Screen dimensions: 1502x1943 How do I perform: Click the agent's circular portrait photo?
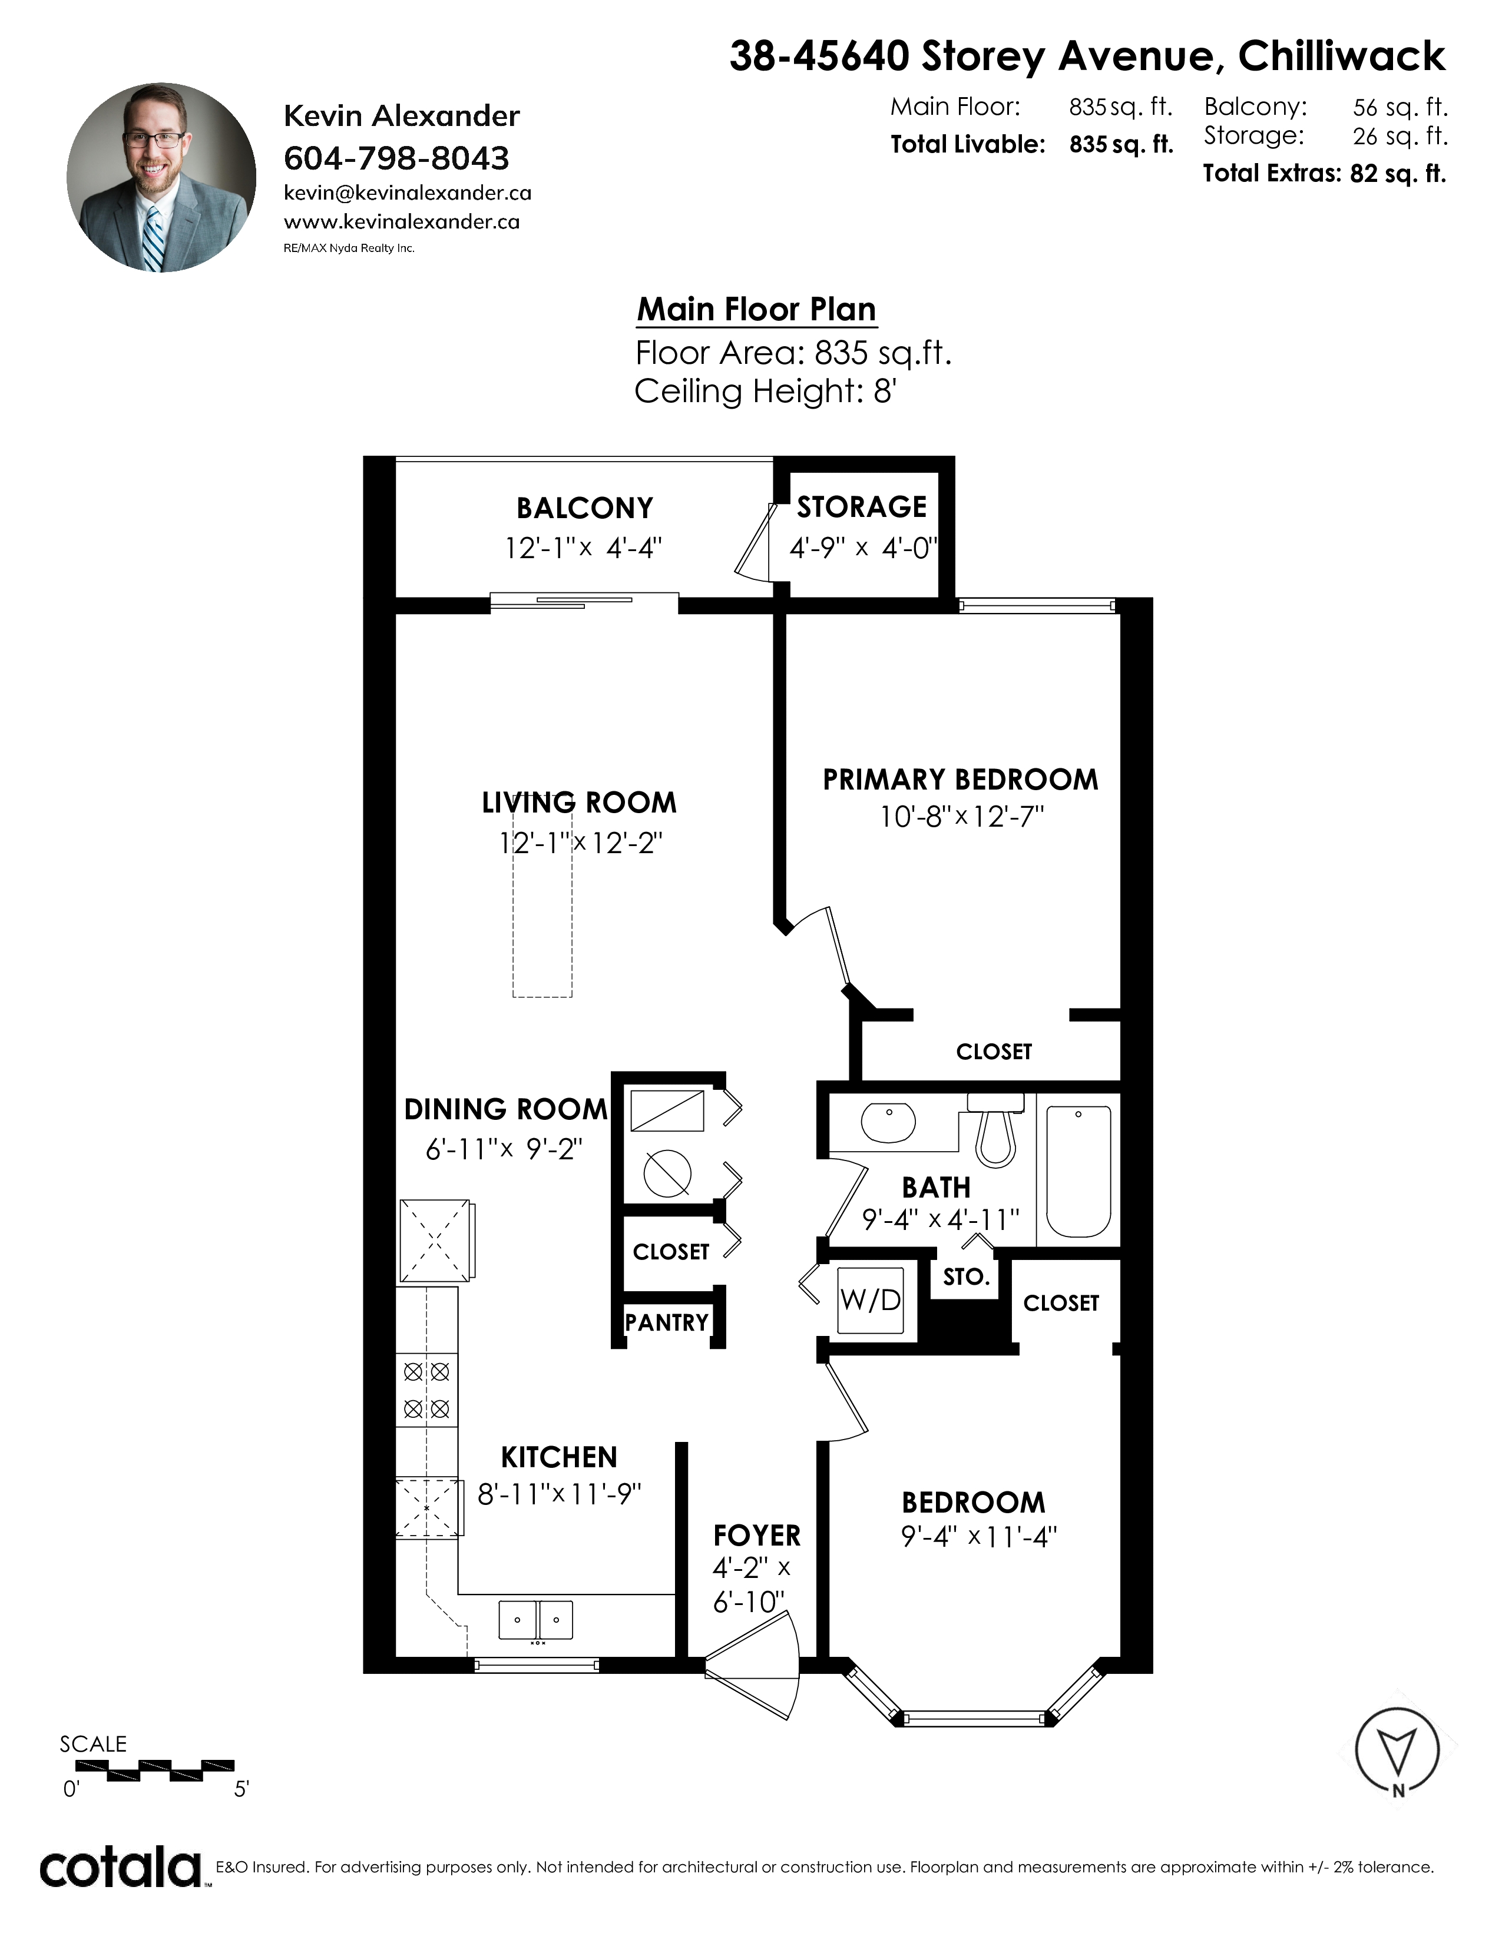(161, 177)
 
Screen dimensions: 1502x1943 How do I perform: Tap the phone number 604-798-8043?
(396, 158)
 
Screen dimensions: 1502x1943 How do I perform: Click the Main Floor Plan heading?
(756, 309)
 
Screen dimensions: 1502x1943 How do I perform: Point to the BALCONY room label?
(585, 508)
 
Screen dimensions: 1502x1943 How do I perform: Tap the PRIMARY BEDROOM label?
(960, 780)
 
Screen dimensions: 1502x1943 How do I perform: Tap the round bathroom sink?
(888, 1123)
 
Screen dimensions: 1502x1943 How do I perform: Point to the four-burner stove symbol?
(427, 1390)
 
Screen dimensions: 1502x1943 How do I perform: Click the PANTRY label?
(666, 1322)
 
